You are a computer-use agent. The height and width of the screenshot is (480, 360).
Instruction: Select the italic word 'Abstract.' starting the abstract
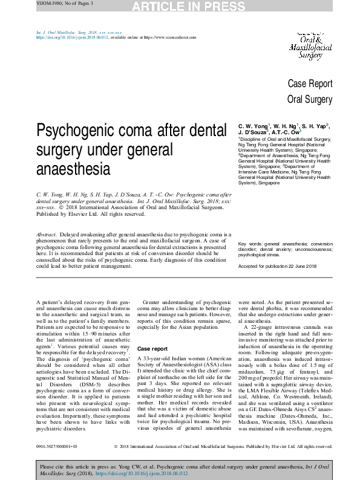47,234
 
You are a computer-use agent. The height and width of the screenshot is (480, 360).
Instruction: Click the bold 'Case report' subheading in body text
152,349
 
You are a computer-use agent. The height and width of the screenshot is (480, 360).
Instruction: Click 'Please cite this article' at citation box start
66,467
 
